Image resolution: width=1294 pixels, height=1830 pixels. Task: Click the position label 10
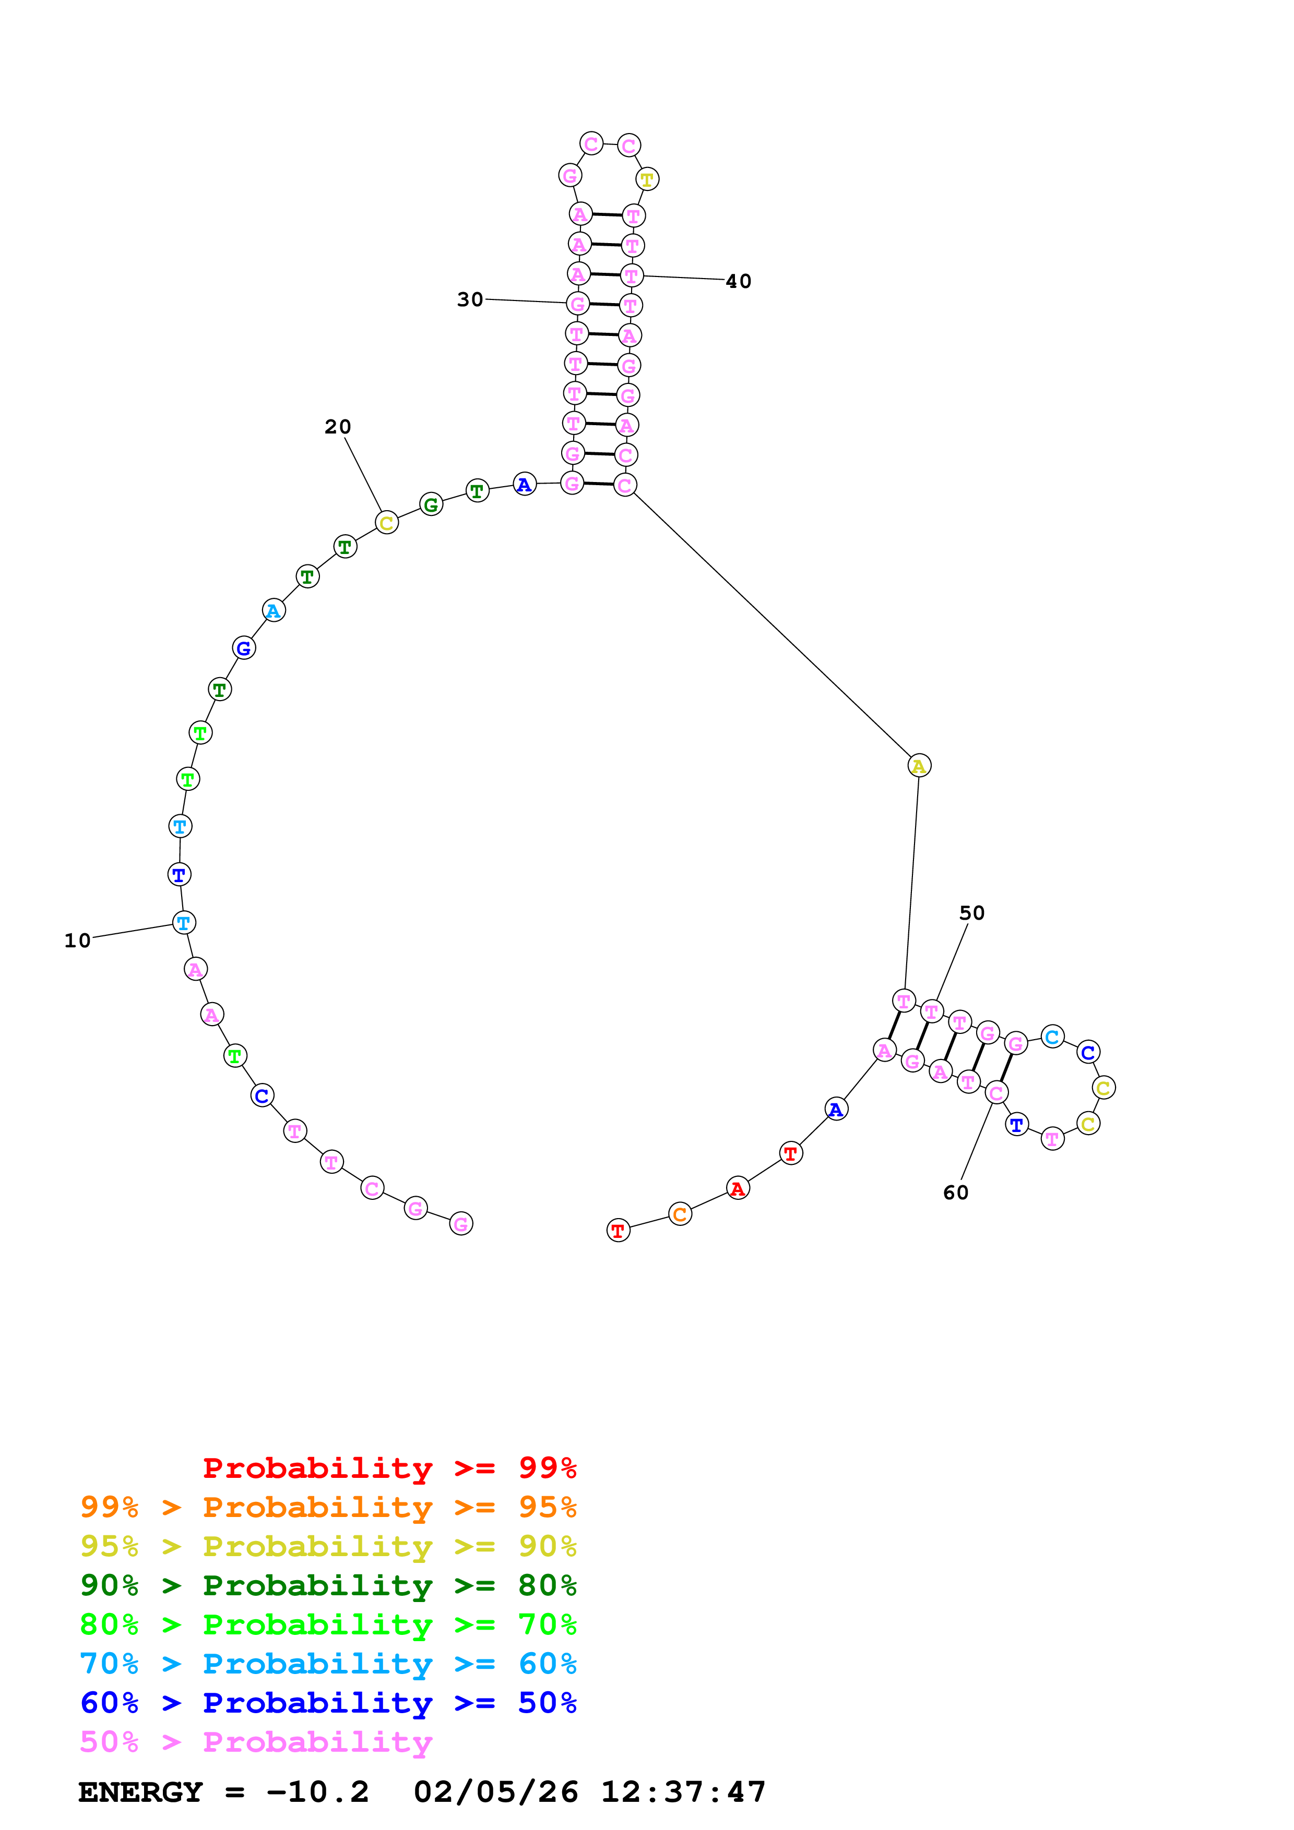tap(77, 941)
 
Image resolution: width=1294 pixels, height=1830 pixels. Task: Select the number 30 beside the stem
tap(470, 299)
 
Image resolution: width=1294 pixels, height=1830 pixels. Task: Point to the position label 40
tap(738, 281)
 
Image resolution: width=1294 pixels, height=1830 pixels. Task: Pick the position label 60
tap(955, 1193)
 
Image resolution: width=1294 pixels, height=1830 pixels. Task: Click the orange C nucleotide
tap(679, 1214)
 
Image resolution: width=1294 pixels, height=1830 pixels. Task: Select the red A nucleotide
tap(738, 1188)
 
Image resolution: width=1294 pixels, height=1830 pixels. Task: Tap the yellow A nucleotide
tap(919, 765)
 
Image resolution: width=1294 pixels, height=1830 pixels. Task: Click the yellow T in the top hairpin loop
tap(647, 179)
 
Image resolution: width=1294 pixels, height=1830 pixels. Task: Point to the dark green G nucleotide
tap(431, 504)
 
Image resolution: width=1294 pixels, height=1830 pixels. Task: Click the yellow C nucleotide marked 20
tap(386, 523)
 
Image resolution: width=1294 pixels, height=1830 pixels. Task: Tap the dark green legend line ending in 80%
tap(328, 1585)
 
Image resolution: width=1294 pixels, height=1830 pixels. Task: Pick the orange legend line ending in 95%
tap(328, 1507)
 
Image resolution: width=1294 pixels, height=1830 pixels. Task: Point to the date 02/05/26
tap(495, 1792)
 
